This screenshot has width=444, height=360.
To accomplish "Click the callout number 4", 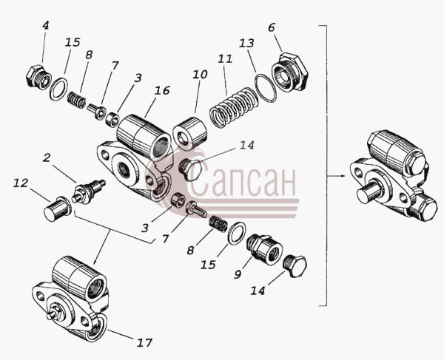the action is point(46,25).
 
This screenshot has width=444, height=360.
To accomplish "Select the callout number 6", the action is point(272,27).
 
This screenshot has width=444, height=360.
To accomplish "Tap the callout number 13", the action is point(246,43).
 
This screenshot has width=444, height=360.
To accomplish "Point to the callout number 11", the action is point(225,59).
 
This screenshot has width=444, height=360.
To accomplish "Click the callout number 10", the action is point(201,75).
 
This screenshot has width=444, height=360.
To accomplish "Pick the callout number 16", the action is point(162,90).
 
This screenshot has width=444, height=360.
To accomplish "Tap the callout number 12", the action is point(21,183).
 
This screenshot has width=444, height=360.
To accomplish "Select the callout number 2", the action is point(47,157).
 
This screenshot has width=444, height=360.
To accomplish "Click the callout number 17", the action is point(144,343).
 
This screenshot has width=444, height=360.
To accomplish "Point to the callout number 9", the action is point(238,274).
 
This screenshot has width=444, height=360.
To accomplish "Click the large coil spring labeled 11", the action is point(234,107).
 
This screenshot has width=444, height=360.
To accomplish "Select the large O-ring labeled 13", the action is point(266,88).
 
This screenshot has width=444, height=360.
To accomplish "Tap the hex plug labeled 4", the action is point(38,76).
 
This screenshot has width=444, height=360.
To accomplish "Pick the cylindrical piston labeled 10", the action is point(190,132).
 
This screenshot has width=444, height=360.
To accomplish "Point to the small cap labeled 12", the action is point(58,208).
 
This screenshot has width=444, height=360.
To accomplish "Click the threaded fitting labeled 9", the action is point(264,249).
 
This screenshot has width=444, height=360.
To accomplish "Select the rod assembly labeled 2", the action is point(88,191).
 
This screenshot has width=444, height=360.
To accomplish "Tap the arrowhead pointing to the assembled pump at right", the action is point(343,176).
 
